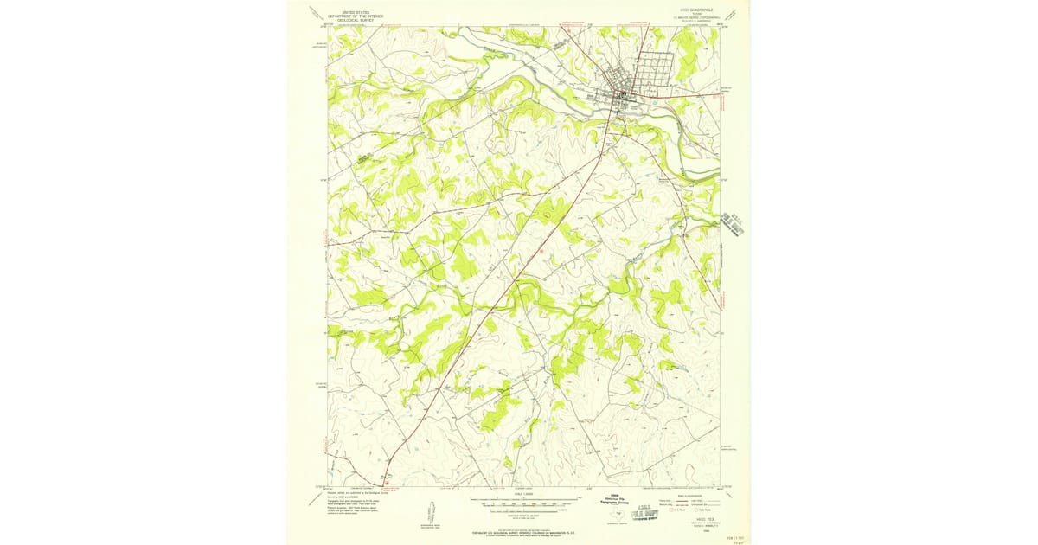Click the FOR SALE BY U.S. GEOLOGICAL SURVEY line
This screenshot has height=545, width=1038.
point(518,531)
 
